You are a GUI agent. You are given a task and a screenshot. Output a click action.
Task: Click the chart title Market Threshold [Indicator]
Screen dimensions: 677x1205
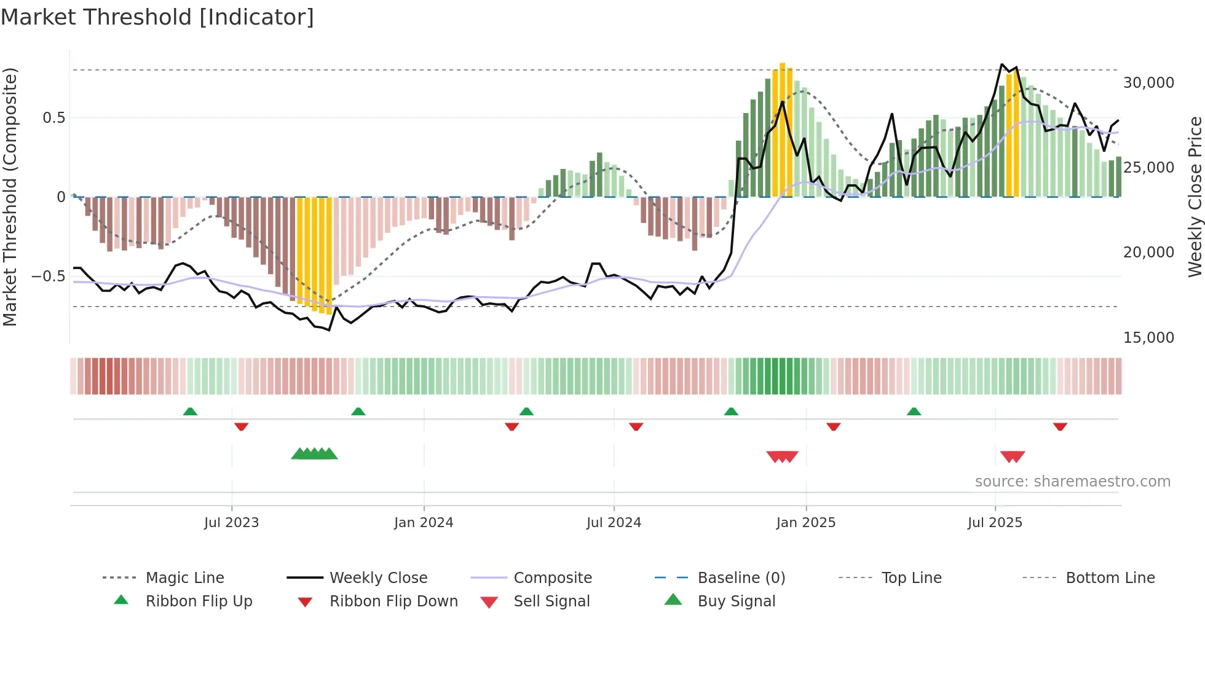click(157, 17)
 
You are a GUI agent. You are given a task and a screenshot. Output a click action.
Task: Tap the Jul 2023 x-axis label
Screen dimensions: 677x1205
click(231, 523)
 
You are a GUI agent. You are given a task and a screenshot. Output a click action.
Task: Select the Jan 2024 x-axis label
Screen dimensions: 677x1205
click(424, 523)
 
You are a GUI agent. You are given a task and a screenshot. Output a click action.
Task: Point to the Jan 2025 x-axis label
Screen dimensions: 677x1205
click(805, 523)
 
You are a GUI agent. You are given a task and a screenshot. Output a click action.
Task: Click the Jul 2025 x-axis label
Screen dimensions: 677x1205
click(995, 523)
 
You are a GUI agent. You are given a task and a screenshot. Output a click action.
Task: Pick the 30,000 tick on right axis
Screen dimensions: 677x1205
click(1148, 83)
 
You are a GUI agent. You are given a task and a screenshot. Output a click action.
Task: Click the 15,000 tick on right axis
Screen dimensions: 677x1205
click(1148, 338)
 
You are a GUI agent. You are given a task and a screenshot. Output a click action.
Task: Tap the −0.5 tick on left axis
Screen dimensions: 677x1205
click(48, 276)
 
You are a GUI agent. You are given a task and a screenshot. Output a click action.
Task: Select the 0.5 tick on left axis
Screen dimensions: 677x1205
click(53, 118)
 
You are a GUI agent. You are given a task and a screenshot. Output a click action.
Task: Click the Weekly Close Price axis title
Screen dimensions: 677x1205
click(1195, 197)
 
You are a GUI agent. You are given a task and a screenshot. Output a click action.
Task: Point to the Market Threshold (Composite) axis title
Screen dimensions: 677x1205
click(10, 197)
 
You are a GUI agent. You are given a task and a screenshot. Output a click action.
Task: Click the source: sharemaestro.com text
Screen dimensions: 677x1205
click(1072, 482)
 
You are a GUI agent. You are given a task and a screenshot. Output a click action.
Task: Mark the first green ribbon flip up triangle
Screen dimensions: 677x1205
click(190, 412)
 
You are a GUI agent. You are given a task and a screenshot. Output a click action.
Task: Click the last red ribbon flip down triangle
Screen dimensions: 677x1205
click(1060, 426)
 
